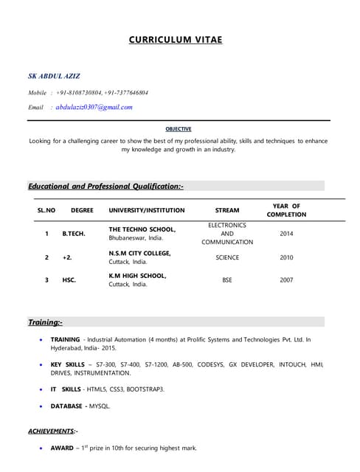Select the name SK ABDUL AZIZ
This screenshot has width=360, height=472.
pyautogui.click(x=55, y=76)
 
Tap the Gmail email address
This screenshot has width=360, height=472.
pyautogui.click(x=94, y=107)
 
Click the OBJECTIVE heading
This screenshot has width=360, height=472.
pyautogui.click(x=179, y=129)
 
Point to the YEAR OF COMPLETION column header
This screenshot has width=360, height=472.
pyautogui.click(x=286, y=210)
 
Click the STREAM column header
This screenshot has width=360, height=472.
pyautogui.click(x=226, y=210)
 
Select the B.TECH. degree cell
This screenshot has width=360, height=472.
pyautogui.click(x=74, y=234)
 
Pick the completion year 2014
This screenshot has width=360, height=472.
pyautogui.click(x=286, y=234)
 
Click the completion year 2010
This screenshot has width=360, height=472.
pyautogui.click(x=286, y=257)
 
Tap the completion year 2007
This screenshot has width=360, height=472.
pyautogui.click(x=286, y=280)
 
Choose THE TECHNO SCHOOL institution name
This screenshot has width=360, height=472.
pyautogui.click(x=142, y=229)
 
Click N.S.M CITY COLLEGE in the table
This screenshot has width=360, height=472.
pyautogui.click(x=140, y=253)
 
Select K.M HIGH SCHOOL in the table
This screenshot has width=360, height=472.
pyautogui.click(x=138, y=276)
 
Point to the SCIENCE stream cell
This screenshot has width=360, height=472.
pyautogui.click(x=226, y=257)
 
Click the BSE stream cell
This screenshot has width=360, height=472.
pyautogui.click(x=226, y=280)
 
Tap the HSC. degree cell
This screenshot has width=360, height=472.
pyautogui.click(x=69, y=280)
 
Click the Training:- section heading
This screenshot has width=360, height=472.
pyautogui.click(x=45, y=322)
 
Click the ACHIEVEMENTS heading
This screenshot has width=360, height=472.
pyautogui.click(x=52, y=430)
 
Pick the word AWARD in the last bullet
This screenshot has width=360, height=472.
pyautogui.click(x=63, y=448)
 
